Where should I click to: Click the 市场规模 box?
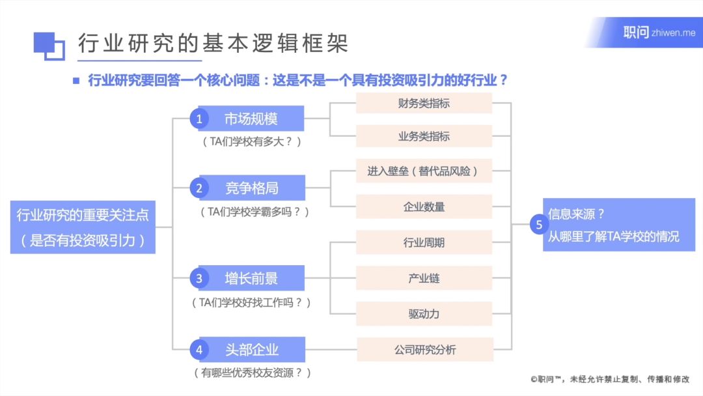tap(251, 119)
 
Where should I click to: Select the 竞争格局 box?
tap(252, 188)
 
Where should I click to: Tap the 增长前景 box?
tap(251, 278)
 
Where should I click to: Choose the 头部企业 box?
tap(252, 349)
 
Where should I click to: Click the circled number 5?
tap(539, 225)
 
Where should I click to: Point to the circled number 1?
tap(199, 119)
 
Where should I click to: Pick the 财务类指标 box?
tap(424, 103)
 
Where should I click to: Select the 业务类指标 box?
tap(424, 136)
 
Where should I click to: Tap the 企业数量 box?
tap(424, 206)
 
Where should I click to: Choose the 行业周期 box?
tap(424, 243)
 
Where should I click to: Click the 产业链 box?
tap(424, 278)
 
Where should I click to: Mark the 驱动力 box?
tap(424, 314)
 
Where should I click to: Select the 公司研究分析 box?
tap(425, 350)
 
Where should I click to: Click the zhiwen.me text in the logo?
tap(674, 33)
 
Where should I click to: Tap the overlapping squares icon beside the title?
tap(49, 46)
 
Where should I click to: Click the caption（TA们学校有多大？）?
tap(251, 142)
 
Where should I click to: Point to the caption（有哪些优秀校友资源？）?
tap(253, 373)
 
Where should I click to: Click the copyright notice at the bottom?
tap(610, 380)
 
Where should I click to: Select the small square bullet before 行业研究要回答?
tap(76, 81)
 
